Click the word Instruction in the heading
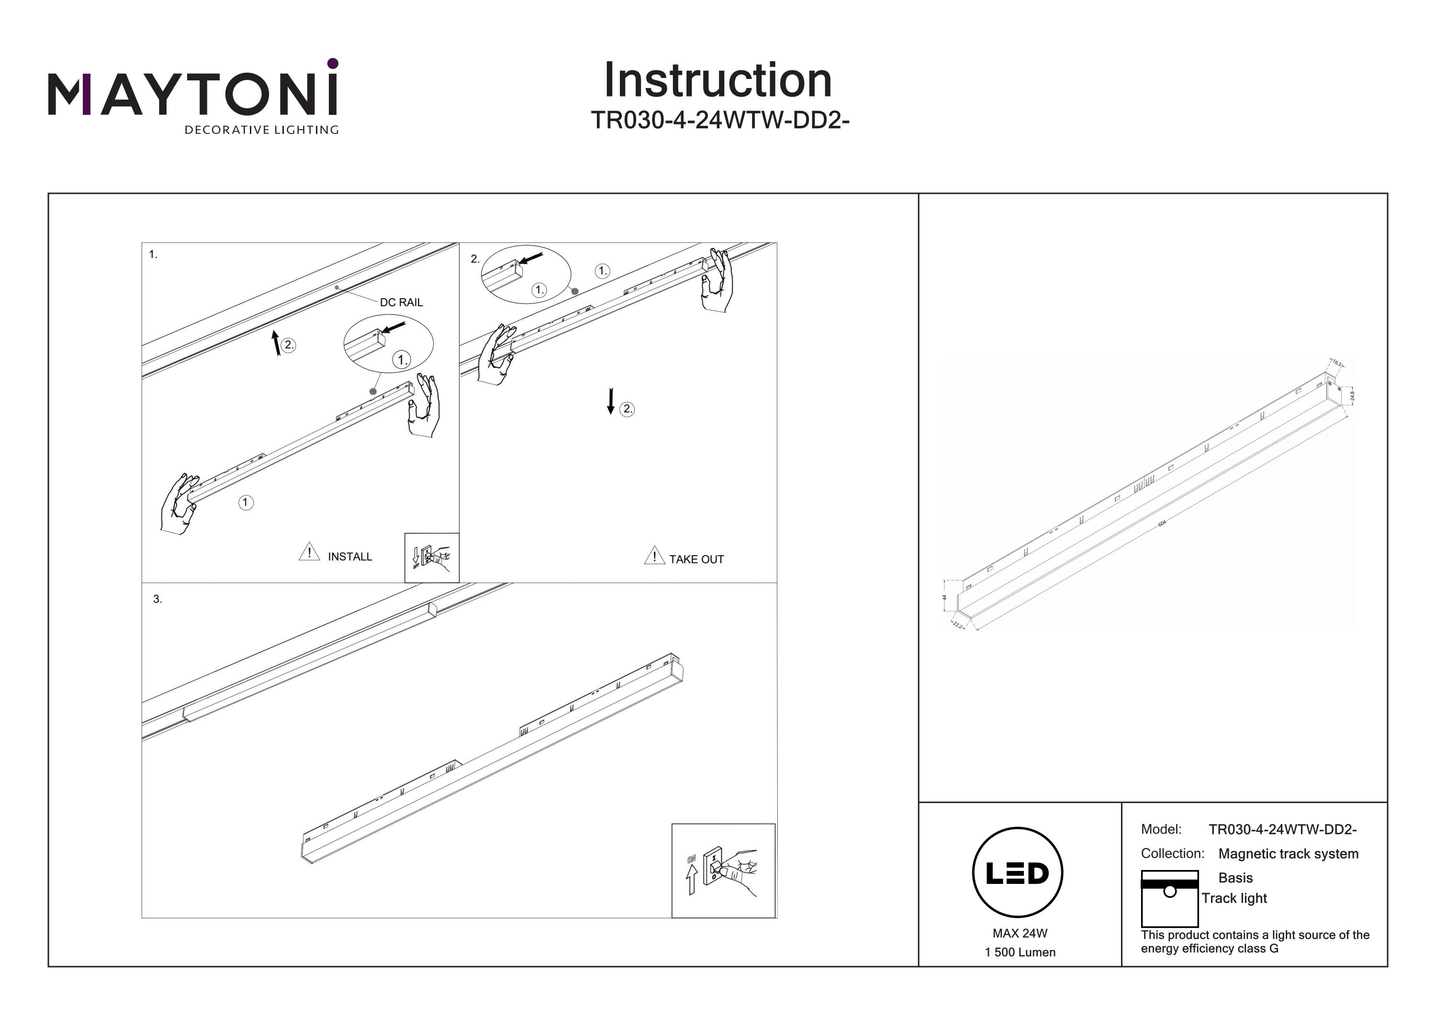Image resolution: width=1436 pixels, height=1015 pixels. click(x=718, y=81)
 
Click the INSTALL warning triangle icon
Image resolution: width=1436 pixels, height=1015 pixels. click(x=309, y=552)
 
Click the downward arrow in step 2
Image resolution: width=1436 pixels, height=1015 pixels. click(x=610, y=401)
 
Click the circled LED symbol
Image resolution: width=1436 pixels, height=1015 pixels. click(x=1017, y=872)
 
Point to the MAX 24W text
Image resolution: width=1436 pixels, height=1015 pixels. click(x=1020, y=933)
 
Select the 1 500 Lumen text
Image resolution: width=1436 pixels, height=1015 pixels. click(x=1020, y=952)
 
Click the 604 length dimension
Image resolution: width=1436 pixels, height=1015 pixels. click(x=1162, y=524)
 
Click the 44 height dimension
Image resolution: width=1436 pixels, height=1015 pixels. click(x=944, y=597)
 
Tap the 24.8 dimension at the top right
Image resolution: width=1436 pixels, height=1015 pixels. click(x=1352, y=396)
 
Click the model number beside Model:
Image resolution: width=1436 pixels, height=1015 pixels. click(x=1282, y=829)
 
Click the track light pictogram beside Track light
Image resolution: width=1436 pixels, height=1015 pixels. click(x=1169, y=898)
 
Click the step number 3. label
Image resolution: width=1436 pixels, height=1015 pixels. click(x=157, y=599)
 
